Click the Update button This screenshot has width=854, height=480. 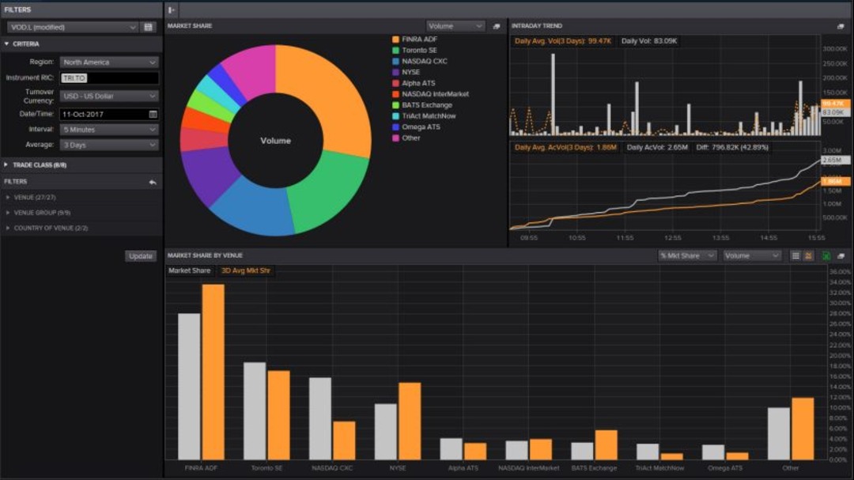tap(141, 256)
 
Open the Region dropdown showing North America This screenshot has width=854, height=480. tap(109, 62)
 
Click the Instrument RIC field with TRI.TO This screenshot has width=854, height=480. tap(109, 78)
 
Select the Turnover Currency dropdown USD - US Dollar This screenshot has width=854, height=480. tap(109, 96)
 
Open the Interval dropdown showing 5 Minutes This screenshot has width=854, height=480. tap(109, 130)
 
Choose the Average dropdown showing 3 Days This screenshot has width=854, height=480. tap(109, 146)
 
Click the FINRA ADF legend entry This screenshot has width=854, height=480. tap(419, 40)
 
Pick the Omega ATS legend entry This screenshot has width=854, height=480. tap(421, 127)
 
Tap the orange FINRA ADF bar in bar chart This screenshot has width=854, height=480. tap(213, 372)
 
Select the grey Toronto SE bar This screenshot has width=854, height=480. tap(255, 410)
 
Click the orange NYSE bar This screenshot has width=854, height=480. tap(410, 421)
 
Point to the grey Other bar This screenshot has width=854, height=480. tap(778, 433)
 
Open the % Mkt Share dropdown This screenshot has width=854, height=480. tap(687, 256)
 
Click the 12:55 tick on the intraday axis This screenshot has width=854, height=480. tap(673, 237)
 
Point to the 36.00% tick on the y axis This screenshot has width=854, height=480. tap(840, 271)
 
